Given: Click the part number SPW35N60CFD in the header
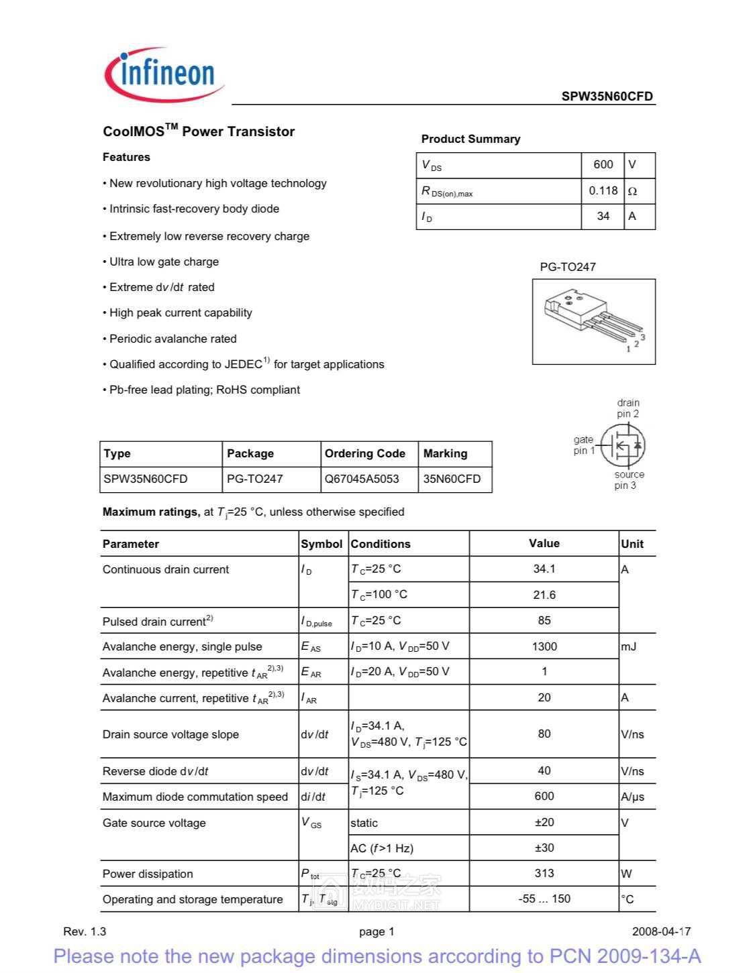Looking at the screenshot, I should pos(607,96).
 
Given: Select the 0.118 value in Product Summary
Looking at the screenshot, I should pos(603,190).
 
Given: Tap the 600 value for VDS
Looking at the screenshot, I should pos(603,164).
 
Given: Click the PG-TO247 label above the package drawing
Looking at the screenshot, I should pos(568,267).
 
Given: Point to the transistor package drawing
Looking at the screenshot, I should pos(594,321).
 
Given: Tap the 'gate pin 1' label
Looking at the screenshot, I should pos(584,445).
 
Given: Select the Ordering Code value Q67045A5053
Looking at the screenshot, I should pos(362,479).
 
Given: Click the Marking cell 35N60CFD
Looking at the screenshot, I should pos(452,479).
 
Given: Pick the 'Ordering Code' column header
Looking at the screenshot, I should pos(364,453).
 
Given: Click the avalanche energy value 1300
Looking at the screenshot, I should pos(544,646).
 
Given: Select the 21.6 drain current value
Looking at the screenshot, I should pos(544,595).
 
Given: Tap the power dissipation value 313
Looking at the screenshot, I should pos(544,873).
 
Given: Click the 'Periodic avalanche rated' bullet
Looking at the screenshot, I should pos(172,339).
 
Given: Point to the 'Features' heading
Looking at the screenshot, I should pos(126,157).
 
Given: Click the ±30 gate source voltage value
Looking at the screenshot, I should pos(544,848).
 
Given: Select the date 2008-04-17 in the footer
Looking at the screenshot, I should pos(660,931).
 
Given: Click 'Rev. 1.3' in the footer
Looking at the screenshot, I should pos(85,931).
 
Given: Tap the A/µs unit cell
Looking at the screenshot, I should pos(632,797).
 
